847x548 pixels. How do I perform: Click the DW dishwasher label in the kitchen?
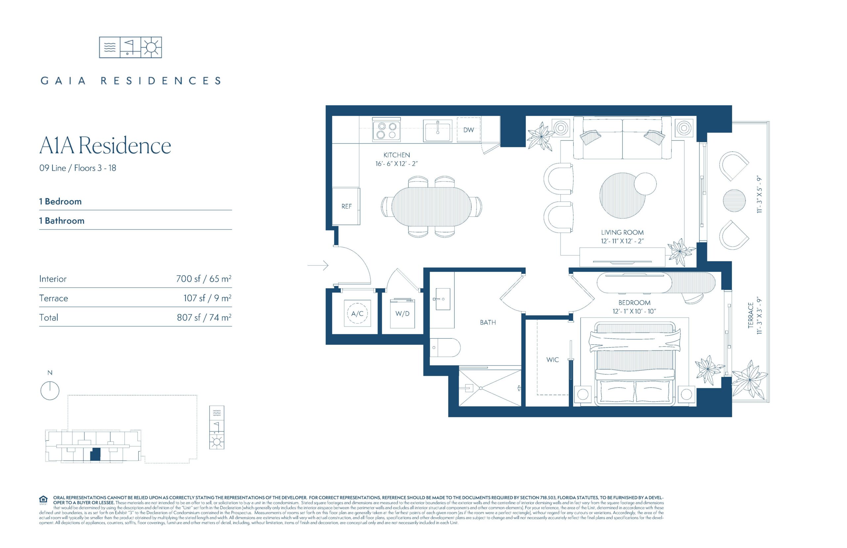468,130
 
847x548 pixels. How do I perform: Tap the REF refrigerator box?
346,206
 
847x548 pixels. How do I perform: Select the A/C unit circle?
357,313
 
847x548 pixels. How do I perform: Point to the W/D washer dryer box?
402,313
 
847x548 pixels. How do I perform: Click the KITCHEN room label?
396,155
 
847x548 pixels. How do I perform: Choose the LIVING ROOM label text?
622,232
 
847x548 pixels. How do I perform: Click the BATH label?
488,322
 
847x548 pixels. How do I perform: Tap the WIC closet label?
553,360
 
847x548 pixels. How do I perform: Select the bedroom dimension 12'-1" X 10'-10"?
634,311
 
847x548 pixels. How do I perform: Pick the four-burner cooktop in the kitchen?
386,130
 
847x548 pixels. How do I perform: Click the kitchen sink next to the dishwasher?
437,131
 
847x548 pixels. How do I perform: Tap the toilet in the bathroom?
445,347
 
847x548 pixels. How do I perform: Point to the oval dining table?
431,206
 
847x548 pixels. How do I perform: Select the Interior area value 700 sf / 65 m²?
203,279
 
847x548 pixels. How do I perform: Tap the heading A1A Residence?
105,146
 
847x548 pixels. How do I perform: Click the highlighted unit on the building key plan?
95,454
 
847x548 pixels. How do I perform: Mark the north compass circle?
50,391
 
